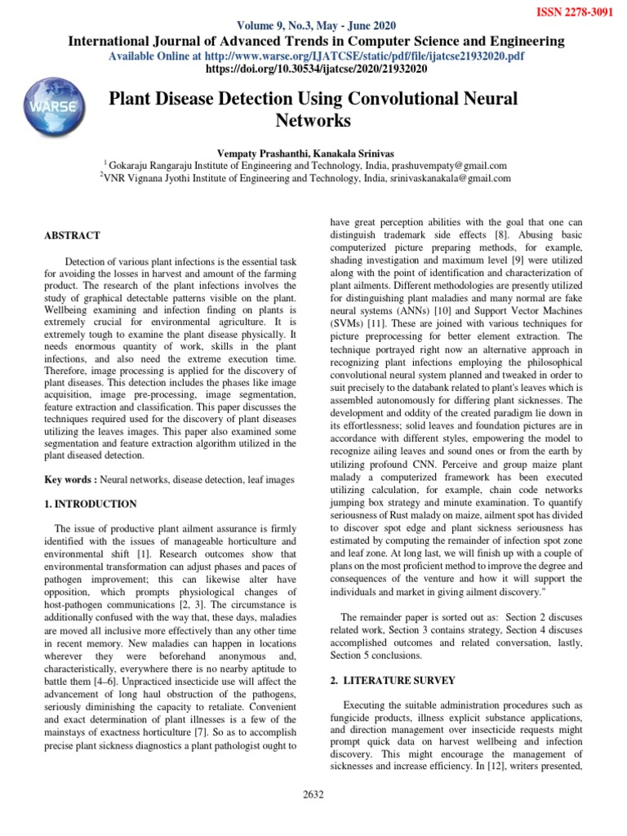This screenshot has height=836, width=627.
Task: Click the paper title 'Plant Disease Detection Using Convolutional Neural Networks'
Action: [313, 110]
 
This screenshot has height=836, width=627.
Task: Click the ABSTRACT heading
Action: [72, 235]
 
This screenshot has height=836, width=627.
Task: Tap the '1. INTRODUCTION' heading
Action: [91, 504]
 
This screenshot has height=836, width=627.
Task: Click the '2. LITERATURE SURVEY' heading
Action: [391, 680]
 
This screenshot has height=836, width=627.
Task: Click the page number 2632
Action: [313, 793]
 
